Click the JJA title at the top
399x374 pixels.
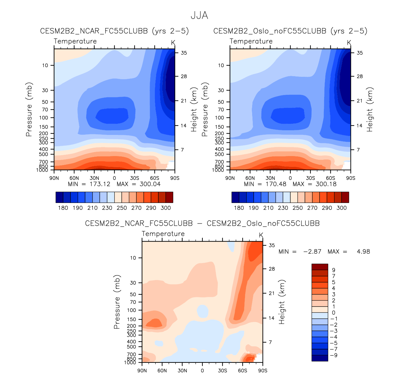point(199,16)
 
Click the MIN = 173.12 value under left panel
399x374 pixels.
point(89,184)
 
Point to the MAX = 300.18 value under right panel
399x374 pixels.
point(315,184)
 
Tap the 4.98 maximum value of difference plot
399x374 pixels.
point(363,252)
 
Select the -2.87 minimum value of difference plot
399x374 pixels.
point(312,252)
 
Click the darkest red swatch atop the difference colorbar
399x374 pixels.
point(320,267)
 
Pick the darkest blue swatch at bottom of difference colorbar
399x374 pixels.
point(320,358)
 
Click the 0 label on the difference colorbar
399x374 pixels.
point(334,313)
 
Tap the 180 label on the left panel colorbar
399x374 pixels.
point(63,208)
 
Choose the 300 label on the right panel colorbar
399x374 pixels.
point(342,208)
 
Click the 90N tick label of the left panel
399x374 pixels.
point(54,178)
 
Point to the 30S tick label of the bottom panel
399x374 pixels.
point(223,371)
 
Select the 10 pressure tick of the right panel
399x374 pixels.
point(221,65)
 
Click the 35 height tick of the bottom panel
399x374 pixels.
point(272,245)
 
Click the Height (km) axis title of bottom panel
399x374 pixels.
point(282,302)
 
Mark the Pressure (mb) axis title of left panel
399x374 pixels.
point(29,109)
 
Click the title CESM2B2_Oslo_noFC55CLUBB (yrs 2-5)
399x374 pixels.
point(290,31)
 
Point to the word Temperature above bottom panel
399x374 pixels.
point(163,234)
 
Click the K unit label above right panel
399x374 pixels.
point(349,43)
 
